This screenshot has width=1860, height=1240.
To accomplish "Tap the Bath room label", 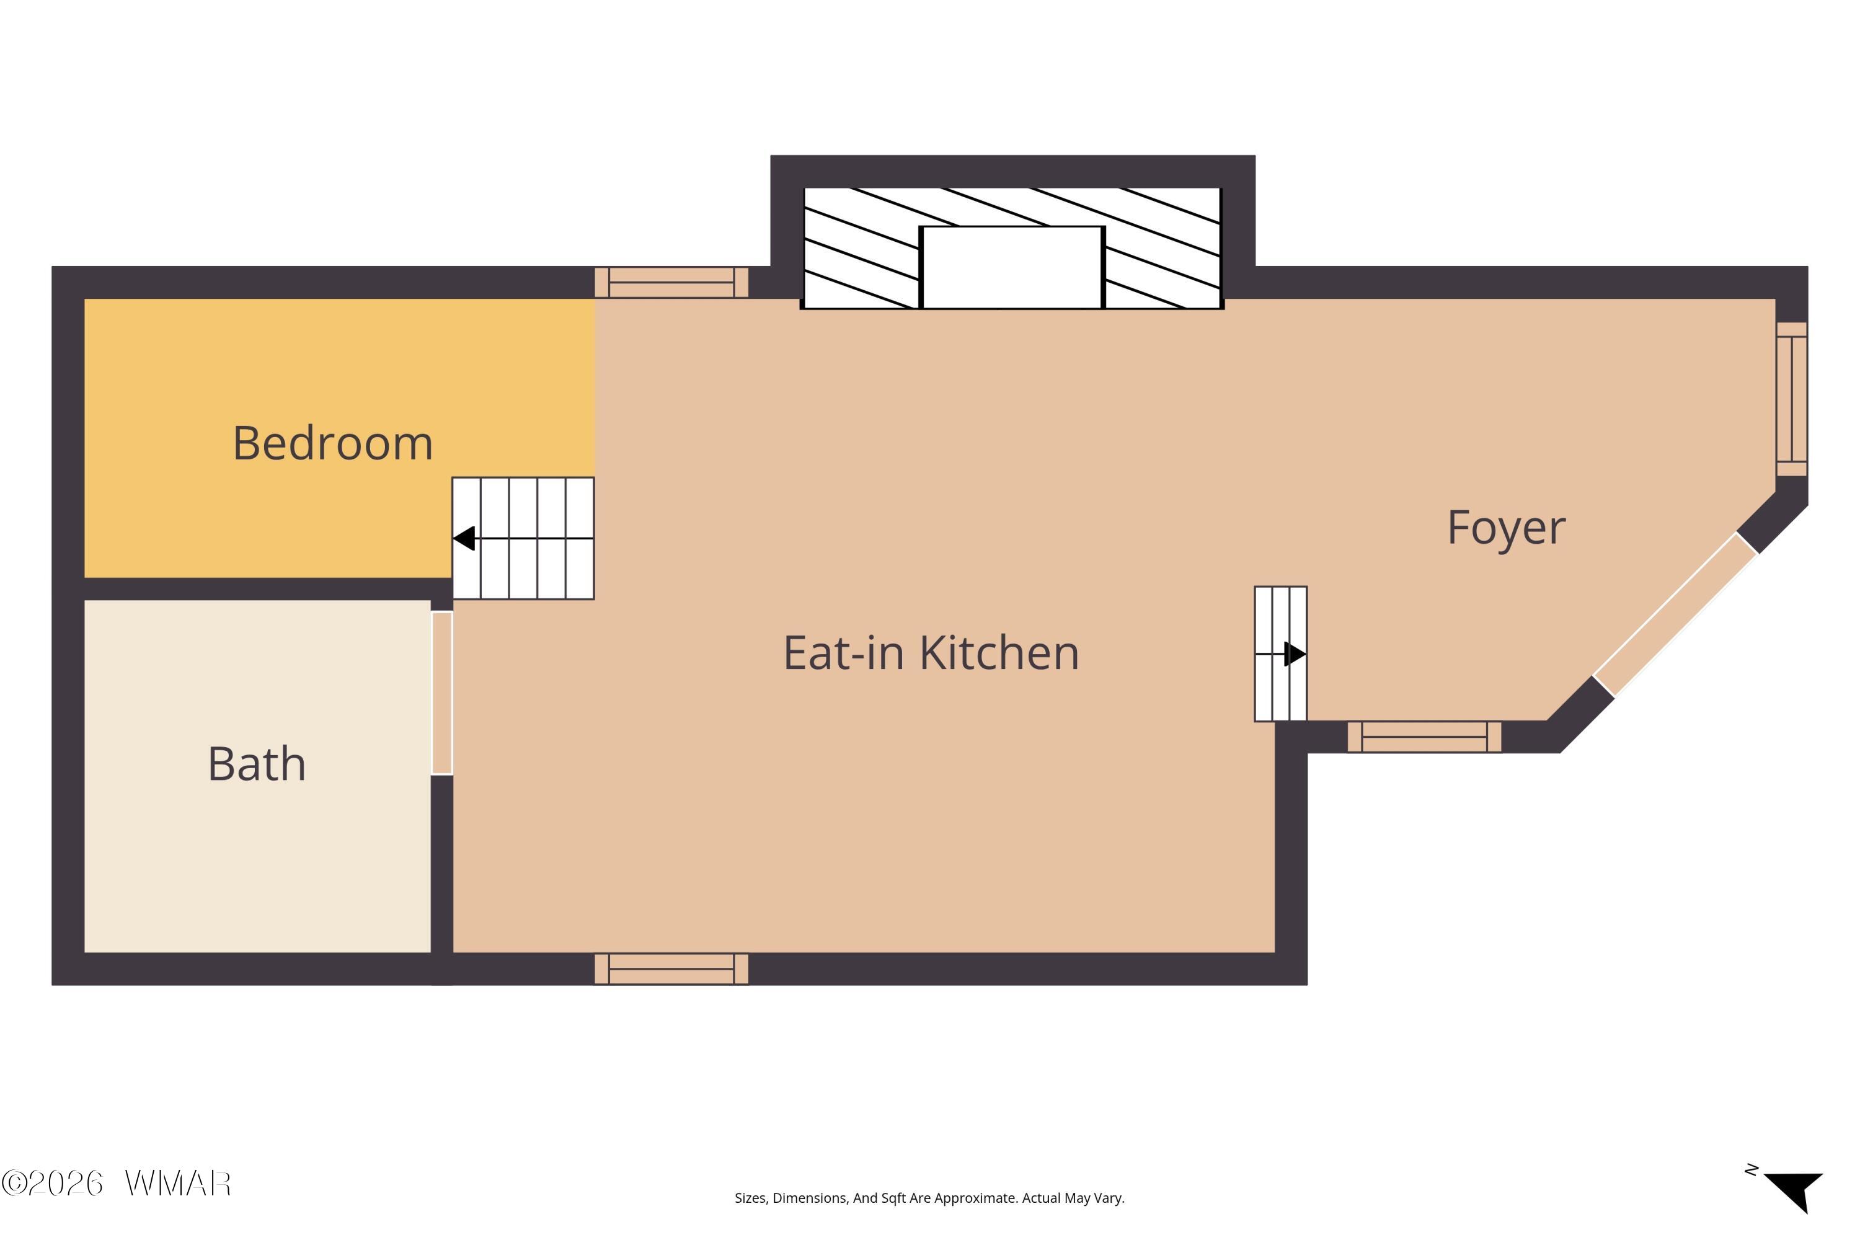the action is click(x=257, y=764).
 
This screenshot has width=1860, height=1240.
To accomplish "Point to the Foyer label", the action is click(x=1506, y=528).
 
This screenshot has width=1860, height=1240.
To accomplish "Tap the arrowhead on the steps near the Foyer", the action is click(x=1295, y=654).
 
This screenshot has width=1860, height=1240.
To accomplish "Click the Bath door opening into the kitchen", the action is click(x=442, y=693).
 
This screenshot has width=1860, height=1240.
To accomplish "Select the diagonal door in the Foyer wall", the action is click(x=1675, y=614).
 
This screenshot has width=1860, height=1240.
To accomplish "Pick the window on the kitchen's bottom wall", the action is click(x=671, y=968).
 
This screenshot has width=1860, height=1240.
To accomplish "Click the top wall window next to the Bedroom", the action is click(x=671, y=282).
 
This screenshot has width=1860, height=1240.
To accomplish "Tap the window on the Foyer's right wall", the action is click(x=1792, y=399).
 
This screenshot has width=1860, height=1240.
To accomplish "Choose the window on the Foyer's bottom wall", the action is click(x=1424, y=737).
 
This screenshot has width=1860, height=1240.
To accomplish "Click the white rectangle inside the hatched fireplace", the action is click(x=1012, y=267).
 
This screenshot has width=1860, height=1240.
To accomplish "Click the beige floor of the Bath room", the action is click(x=257, y=854).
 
